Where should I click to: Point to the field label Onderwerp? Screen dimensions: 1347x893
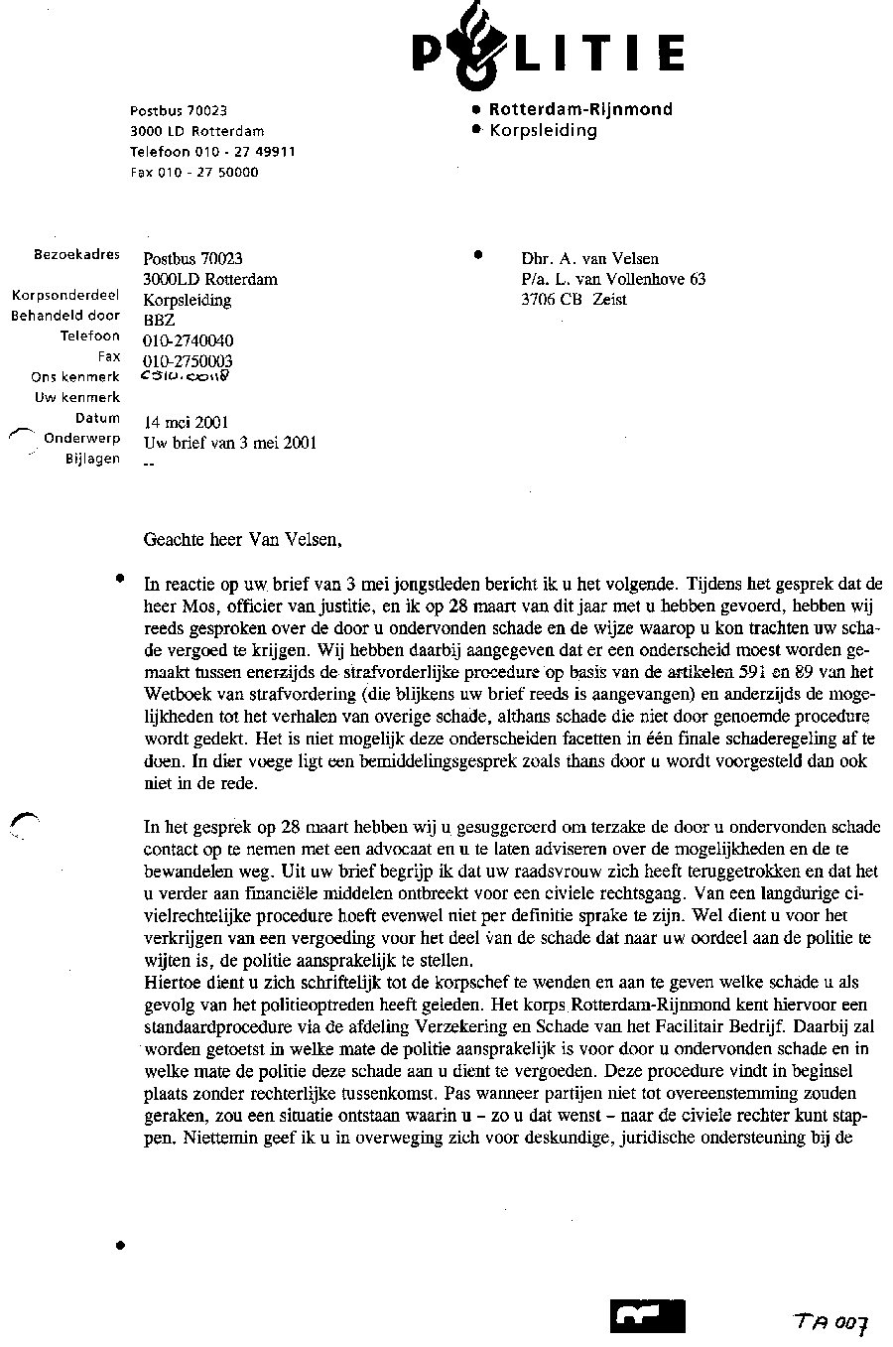[x=81, y=439]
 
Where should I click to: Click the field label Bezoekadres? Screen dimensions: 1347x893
[x=76, y=255]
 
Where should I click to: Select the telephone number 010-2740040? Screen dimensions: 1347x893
[x=189, y=340]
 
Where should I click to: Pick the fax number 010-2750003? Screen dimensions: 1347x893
[x=189, y=361]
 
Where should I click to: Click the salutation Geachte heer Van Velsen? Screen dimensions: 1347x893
[x=243, y=541]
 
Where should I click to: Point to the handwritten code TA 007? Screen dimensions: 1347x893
[x=831, y=1322]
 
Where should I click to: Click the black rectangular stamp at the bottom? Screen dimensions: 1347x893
[x=648, y=1316]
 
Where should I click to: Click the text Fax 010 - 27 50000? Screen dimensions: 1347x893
[x=194, y=172]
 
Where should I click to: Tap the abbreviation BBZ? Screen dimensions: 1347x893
[x=159, y=320]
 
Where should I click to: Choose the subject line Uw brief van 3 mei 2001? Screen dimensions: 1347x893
[x=230, y=444]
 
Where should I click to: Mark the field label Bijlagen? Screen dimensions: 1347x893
[x=92, y=460]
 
